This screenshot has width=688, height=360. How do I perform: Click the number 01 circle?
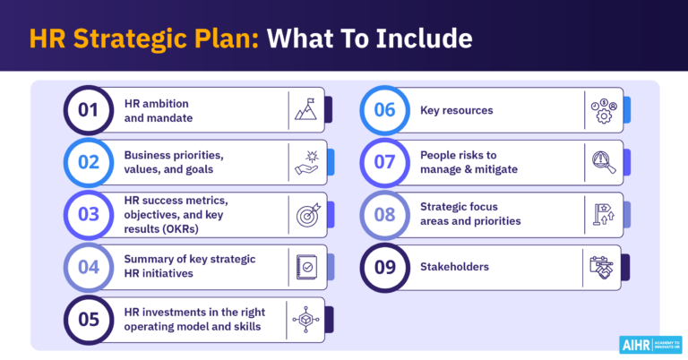[89, 110]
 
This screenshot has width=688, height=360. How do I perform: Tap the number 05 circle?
[89, 318]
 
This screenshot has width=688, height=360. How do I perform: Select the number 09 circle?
[384, 266]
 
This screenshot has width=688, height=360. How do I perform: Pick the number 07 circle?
[384, 162]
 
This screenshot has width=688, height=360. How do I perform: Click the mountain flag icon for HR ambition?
[305, 110]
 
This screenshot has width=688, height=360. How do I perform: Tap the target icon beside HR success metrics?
[306, 214]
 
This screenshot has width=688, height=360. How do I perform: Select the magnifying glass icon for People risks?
[601, 162]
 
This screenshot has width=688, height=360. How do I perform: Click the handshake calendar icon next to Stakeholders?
[601, 266]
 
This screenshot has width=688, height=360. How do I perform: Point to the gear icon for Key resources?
[601, 110]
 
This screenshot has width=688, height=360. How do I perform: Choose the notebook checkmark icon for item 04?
[306, 266]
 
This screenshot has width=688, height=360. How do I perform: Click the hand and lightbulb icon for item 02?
[306, 162]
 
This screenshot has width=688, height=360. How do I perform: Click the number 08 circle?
[384, 214]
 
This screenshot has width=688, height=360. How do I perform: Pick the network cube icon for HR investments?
[306, 318]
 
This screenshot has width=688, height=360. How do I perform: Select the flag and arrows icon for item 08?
[601, 214]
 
